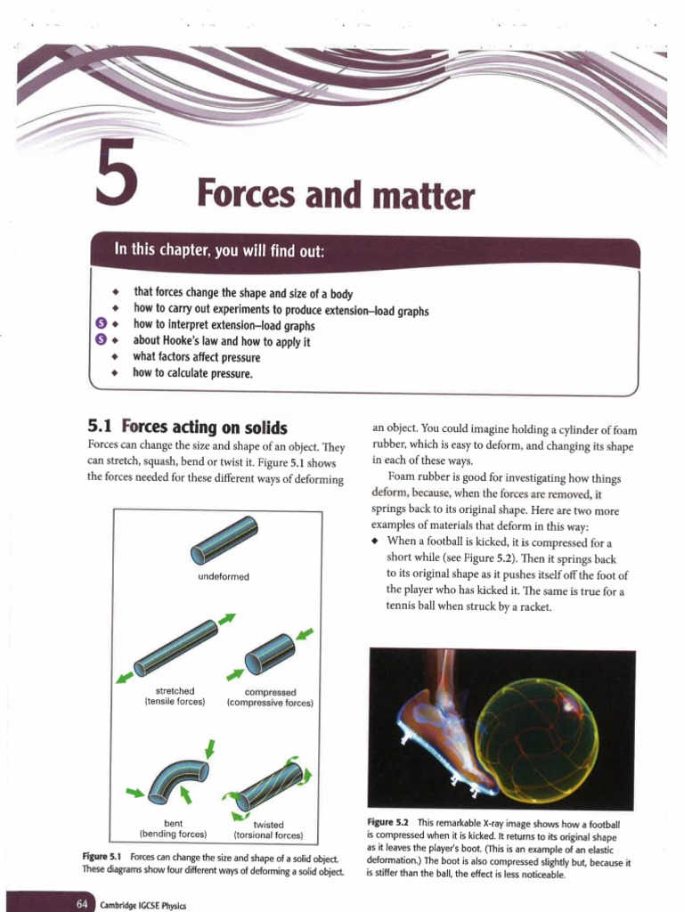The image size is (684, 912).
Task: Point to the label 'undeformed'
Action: pos(223,577)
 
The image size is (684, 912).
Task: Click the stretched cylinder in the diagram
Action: pos(176,648)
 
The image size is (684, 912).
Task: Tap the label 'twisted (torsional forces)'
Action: pos(268,830)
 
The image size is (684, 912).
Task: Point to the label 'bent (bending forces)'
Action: pos(174,829)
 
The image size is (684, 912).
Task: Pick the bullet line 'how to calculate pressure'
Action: pos(192,373)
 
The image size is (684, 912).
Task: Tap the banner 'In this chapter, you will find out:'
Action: pos(220,249)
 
